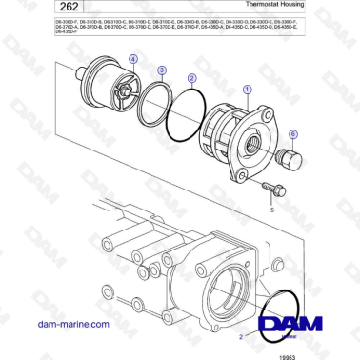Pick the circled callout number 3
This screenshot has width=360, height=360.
point(163,70)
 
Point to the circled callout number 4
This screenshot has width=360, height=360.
point(132,59)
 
